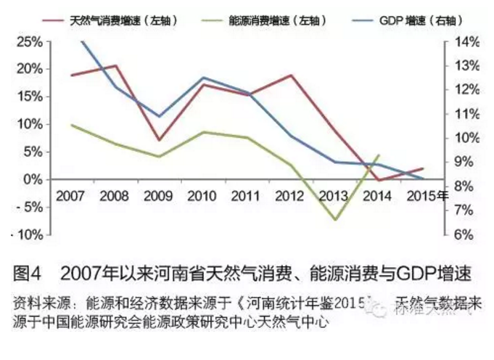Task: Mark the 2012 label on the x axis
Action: click(x=290, y=196)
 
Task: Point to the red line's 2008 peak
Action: click(x=116, y=65)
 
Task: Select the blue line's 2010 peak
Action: click(x=202, y=77)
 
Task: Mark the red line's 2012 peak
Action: click(x=291, y=75)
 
